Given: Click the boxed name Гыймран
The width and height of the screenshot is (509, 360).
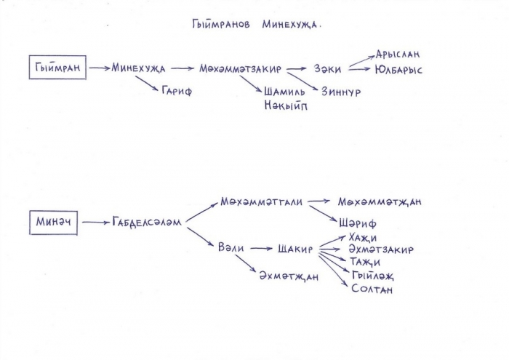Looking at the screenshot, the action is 57,68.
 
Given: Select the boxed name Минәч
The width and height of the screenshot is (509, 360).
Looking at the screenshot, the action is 53,223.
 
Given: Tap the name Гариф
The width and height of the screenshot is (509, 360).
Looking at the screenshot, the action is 177,91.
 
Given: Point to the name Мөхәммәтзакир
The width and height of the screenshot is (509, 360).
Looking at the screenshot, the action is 240,69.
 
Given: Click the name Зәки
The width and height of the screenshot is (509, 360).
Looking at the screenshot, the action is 327,69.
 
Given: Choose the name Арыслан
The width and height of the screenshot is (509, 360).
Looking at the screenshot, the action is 398,54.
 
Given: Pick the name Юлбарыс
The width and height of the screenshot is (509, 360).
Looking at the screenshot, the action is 398,70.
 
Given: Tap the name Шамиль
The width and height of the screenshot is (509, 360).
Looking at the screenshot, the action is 284,92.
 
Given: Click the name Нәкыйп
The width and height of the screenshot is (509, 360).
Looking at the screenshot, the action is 285,105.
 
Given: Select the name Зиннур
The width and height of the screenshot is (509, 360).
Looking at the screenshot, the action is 341,92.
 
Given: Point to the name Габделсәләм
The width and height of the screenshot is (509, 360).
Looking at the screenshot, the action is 147,223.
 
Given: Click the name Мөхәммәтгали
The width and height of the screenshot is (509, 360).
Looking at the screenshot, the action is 261,201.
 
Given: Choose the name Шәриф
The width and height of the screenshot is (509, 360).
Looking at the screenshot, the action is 358,223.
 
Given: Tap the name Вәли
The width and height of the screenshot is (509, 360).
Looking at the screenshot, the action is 231,248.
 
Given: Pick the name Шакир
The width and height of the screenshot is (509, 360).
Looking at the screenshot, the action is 295,249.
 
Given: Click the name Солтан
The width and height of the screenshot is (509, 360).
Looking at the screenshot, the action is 372,289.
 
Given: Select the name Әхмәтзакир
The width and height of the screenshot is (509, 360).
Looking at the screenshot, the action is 381,249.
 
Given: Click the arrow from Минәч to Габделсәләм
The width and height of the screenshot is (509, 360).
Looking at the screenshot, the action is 96,223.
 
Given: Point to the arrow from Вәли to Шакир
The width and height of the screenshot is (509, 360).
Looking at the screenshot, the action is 261,249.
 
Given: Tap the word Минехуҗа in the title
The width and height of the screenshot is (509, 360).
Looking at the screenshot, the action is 290,25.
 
